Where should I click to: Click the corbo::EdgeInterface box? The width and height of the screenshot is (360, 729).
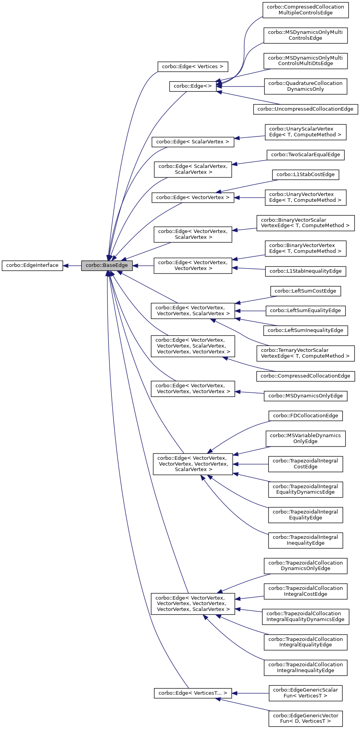click(32, 265)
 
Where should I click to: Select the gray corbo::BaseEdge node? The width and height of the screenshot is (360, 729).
click(107, 265)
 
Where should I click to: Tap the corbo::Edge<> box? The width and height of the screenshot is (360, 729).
click(192, 86)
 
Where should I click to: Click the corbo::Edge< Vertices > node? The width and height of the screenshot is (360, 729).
click(192, 67)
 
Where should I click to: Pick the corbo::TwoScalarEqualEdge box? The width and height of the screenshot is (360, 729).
click(305, 155)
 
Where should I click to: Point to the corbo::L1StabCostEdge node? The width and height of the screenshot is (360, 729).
click(305, 175)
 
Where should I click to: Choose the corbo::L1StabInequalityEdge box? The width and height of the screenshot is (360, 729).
click(305, 271)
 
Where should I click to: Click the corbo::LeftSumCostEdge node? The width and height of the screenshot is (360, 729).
click(305, 291)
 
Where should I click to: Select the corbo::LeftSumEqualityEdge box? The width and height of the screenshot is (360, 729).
click(305, 311)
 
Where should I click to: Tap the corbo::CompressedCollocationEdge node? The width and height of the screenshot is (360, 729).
click(305, 376)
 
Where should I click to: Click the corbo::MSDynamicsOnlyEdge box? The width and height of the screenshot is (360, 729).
click(305, 396)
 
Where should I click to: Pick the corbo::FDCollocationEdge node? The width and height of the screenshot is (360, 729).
click(305, 416)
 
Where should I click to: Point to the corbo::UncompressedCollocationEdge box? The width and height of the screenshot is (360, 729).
click(305, 109)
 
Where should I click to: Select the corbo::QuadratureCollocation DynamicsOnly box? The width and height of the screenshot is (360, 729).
click(305, 86)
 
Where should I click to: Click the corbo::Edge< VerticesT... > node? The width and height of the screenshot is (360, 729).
click(192, 693)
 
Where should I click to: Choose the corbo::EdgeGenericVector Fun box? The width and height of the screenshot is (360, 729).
click(305, 718)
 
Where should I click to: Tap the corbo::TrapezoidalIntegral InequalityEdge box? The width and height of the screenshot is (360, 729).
click(305, 540)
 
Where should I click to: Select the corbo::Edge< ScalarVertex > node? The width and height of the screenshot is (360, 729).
click(192, 142)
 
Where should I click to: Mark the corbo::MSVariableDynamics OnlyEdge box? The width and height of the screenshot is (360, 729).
click(305, 438)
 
